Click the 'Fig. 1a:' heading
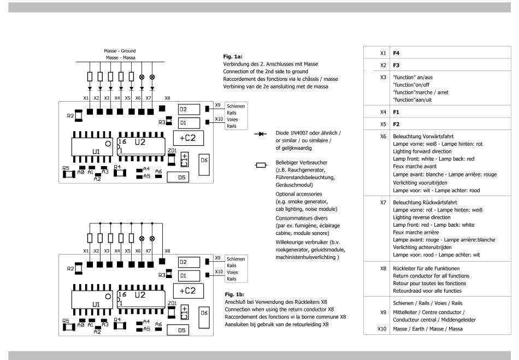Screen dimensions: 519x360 click(233, 57)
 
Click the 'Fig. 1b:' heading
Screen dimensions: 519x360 click(234, 294)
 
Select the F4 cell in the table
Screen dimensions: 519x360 click(396, 53)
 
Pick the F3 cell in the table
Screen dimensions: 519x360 click(396, 65)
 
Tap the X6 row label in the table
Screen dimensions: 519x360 click(383, 137)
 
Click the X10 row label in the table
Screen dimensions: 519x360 click(382, 328)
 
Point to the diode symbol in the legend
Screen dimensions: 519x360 click(261, 134)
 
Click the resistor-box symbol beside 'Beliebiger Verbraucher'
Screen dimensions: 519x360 click(261, 165)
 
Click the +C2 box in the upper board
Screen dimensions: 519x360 click(188, 138)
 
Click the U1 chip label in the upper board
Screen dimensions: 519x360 click(96, 152)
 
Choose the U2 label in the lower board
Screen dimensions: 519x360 click(140, 295)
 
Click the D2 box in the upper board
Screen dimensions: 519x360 click(189, 109)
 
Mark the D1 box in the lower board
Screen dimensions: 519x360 click(189, 276)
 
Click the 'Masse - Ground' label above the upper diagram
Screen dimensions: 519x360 click(120, 51)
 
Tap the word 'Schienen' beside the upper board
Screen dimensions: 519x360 click(235, 106)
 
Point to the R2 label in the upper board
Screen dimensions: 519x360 click(70, 116)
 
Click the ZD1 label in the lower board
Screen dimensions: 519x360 click(172, 303)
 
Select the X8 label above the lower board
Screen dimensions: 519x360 click(167, 251)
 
